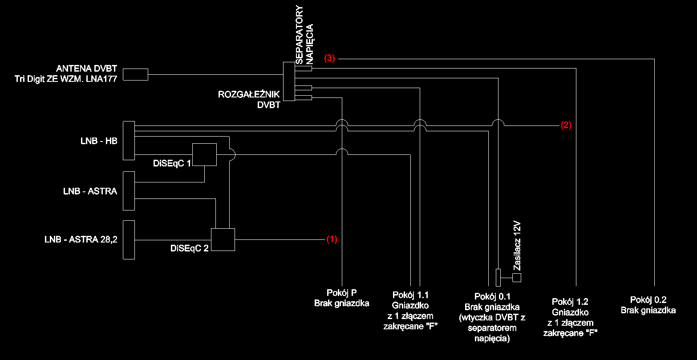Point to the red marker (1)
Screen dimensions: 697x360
[x=332, y=239]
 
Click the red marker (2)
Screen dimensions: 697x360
[x=566, y=125]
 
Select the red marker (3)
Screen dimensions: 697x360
[x=329, y=58]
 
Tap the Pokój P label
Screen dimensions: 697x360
[x=341, y=293]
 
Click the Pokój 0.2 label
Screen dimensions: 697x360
[x=648, y=299]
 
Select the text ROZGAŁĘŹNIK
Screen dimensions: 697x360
[x=249, y=94]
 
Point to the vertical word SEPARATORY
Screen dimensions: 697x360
[x=300, y=35]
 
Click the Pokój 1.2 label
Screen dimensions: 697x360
[x=570, y=302]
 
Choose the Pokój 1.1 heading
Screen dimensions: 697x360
[x=410, y=295]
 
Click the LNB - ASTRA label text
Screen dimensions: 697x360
[x=90, y=191]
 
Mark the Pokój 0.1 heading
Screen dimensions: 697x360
[x=492, y=296]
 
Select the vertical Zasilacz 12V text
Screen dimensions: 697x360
[x=517, y=246]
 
